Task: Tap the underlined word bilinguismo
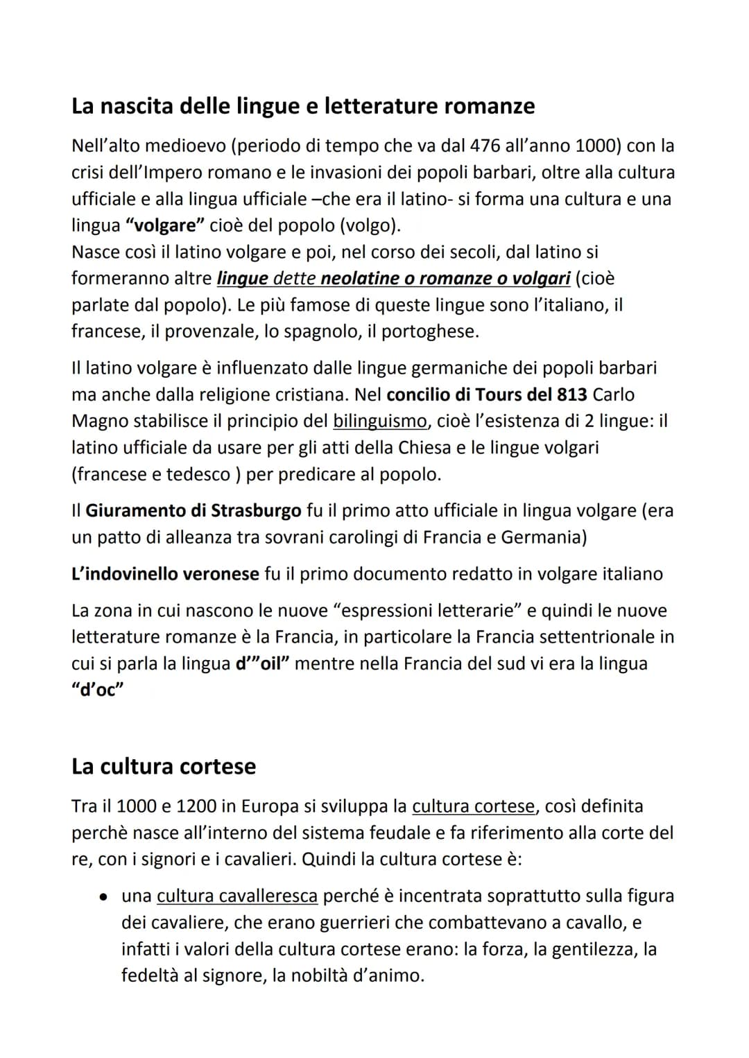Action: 379,421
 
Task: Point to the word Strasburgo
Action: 256,510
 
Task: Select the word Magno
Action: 100,421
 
